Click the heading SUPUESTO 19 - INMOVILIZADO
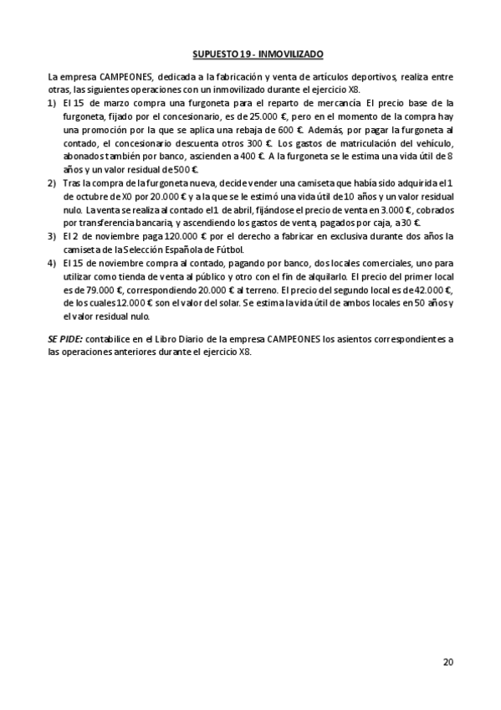[251, 52]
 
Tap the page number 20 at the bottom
[448, 662]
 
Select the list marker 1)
[53, 103]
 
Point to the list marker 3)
[53, 237]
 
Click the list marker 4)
[53, 263]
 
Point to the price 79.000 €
[97, 290]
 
